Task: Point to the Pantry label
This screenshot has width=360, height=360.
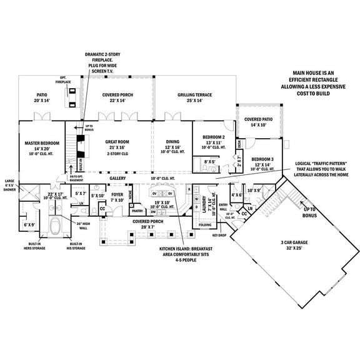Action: pos(138,211)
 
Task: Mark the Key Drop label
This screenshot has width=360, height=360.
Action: pos(219,235)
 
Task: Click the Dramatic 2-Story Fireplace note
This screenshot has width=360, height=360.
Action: pos(102,62)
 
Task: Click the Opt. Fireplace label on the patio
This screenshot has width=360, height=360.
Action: pos(63,81)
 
